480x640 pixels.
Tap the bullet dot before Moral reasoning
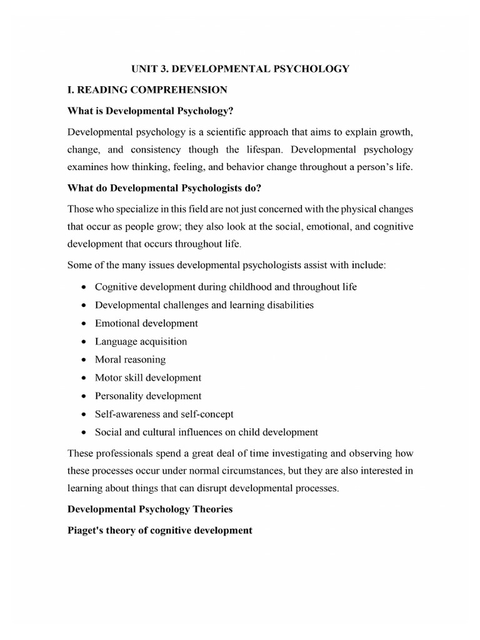(x=84, y=360)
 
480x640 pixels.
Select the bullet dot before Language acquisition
(x=84, y=342)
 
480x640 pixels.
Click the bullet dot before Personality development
(x=84, y=396)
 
